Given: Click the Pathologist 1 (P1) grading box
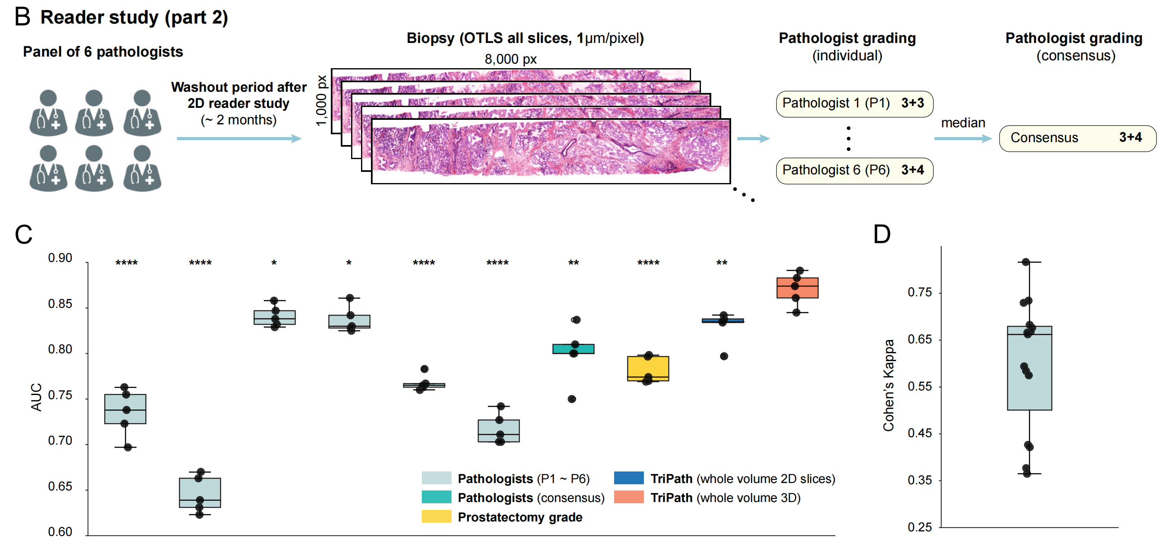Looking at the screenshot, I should [854, 104].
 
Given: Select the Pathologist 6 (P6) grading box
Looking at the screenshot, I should [854, 170].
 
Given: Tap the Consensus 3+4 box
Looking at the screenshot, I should [1077, 138].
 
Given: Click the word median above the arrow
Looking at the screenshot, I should [963, 123].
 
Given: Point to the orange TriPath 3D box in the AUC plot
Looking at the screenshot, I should [797, 288].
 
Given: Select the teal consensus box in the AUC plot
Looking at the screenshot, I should [573, 348].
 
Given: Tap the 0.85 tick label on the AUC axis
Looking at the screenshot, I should [60, 304].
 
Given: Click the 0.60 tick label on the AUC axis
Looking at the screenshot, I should [60, 532].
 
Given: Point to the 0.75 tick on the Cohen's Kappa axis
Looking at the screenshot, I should [919, 292].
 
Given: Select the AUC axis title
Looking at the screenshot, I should [36, 397].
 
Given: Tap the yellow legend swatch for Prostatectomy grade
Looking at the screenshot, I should [436, 516].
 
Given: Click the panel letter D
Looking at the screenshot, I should [882, 234].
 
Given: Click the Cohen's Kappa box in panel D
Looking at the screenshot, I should [1029, 368].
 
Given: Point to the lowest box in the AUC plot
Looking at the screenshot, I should [200, 492].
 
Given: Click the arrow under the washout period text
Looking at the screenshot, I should [239, 138].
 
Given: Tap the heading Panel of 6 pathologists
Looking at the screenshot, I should [103, 52].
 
